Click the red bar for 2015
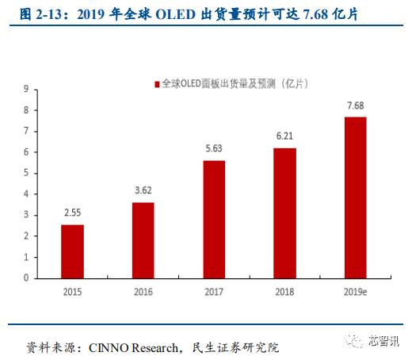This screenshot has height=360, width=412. click(x=72, y=251)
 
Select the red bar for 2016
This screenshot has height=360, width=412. click(x=143, y=240)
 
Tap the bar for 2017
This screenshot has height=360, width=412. click(x=214, y=219)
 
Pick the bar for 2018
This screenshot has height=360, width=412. click(x=284, y=213)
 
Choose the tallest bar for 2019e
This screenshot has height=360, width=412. click(x=355, y=197)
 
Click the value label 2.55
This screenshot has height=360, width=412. click(x=72, y=213)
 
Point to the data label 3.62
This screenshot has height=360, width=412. click(x=143, y=191)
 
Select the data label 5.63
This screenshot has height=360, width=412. click(x=214, y=149)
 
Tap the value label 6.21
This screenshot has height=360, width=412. click(x=284, y=136)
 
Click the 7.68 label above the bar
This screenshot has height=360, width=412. click(x=355, y=105)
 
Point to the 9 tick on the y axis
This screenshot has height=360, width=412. click(x=26, y=89)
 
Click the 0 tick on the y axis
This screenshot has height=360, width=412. click(x=26, y=278)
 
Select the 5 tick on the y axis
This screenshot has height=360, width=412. click(x=26, y=173)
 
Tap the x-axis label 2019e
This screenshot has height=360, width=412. click(x=355, y=292)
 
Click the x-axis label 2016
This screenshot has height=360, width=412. click(x=143, y=292)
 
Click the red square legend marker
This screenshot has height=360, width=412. click(x=155, y=82)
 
